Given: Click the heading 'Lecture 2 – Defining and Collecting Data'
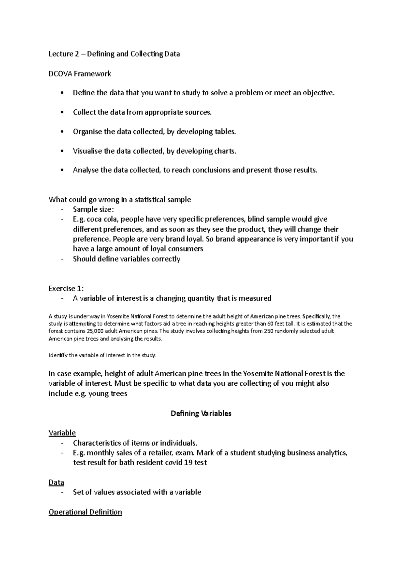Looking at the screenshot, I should tap(114, 54).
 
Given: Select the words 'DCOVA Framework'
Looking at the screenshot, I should tap(80, 74).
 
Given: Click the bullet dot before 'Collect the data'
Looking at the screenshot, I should tap(61, 113).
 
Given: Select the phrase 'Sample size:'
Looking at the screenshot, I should tap(93, 210).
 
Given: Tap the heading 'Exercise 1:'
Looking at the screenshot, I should tap(66, 289).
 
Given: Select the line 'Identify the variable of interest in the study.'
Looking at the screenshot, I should tap(102, 355).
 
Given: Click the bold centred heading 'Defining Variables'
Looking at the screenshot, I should tap(201, 413).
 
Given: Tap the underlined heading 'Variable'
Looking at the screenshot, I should tap(62, 433).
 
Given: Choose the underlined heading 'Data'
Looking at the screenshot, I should tap(56, 483).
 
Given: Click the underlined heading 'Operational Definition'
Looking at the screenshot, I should tap(85, 512).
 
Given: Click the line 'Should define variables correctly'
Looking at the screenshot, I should tap(127, 259).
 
